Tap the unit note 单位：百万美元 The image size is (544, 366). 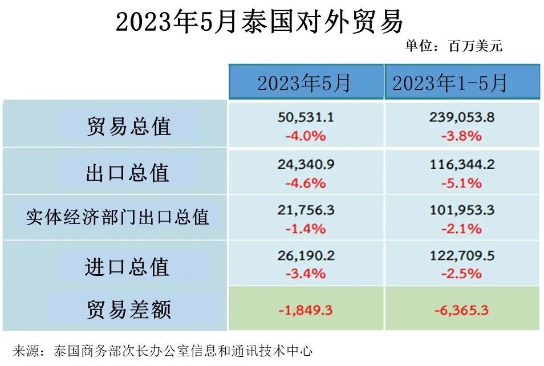[454, 46]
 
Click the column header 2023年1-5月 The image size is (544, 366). [449, 84]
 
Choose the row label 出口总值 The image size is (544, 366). [128, 173]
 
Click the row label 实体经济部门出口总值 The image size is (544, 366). [117, 217]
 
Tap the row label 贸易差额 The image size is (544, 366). [129, 311]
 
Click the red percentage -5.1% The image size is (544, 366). [462, 183]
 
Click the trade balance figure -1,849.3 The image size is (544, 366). [306, 311]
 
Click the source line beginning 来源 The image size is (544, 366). [162, 349]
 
